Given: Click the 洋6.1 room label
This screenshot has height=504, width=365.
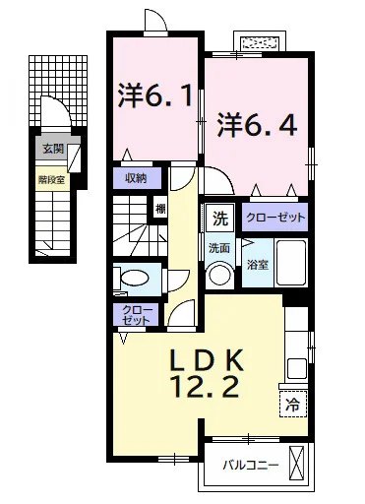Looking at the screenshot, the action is (x=155, y=95).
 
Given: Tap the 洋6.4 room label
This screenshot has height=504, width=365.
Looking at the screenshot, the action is (x=258, y=124).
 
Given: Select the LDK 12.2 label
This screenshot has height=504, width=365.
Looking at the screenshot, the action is (x=206, y=373).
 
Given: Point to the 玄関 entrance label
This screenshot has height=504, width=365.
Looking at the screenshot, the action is (x=53, y=150).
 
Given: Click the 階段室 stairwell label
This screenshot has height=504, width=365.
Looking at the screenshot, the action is (x=52, y=179).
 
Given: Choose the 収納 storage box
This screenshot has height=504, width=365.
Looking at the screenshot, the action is (x=137, y=178).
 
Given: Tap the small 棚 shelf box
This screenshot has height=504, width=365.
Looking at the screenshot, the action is (x=160, y=209).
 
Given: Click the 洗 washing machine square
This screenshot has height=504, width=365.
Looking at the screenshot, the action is (x=220, y=219).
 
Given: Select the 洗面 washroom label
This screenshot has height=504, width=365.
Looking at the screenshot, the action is (x=219, y=248).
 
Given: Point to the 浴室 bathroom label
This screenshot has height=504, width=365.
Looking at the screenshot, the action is (x=258, y=265).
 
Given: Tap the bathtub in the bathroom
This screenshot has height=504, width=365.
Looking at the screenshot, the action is (x=291, y=263).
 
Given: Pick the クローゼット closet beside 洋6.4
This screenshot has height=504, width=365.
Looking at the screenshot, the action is (x=274, y=217).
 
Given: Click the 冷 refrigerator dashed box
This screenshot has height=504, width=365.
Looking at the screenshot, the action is (x=293, y=405).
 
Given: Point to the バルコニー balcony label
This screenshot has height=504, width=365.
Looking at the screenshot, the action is (x=251, y=465).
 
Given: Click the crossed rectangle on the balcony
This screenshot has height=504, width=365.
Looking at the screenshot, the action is (x=296, y=463).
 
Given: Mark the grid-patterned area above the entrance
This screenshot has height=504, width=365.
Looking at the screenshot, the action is (x=58, y=91).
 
